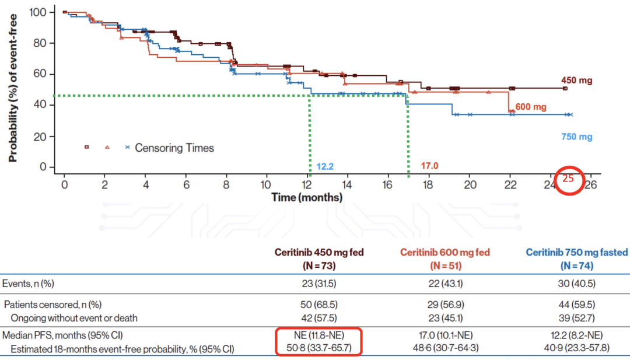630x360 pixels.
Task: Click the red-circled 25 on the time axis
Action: click(568, 179)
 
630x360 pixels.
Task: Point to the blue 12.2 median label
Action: click(325, 167)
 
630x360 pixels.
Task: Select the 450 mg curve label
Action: click(576, 81)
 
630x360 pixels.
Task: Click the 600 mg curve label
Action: click(531, 107)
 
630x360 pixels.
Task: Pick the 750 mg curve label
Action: click(576, 137)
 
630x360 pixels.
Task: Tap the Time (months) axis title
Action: click(307, 198)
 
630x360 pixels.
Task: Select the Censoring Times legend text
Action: click(174, 148)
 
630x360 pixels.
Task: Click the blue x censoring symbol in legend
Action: click(127, 148)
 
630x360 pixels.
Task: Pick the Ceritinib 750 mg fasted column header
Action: click(576, 253)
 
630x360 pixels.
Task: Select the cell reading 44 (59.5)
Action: click(577, 305)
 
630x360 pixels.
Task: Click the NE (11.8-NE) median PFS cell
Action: click(319, 337)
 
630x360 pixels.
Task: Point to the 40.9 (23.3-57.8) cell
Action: click(577, 348)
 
